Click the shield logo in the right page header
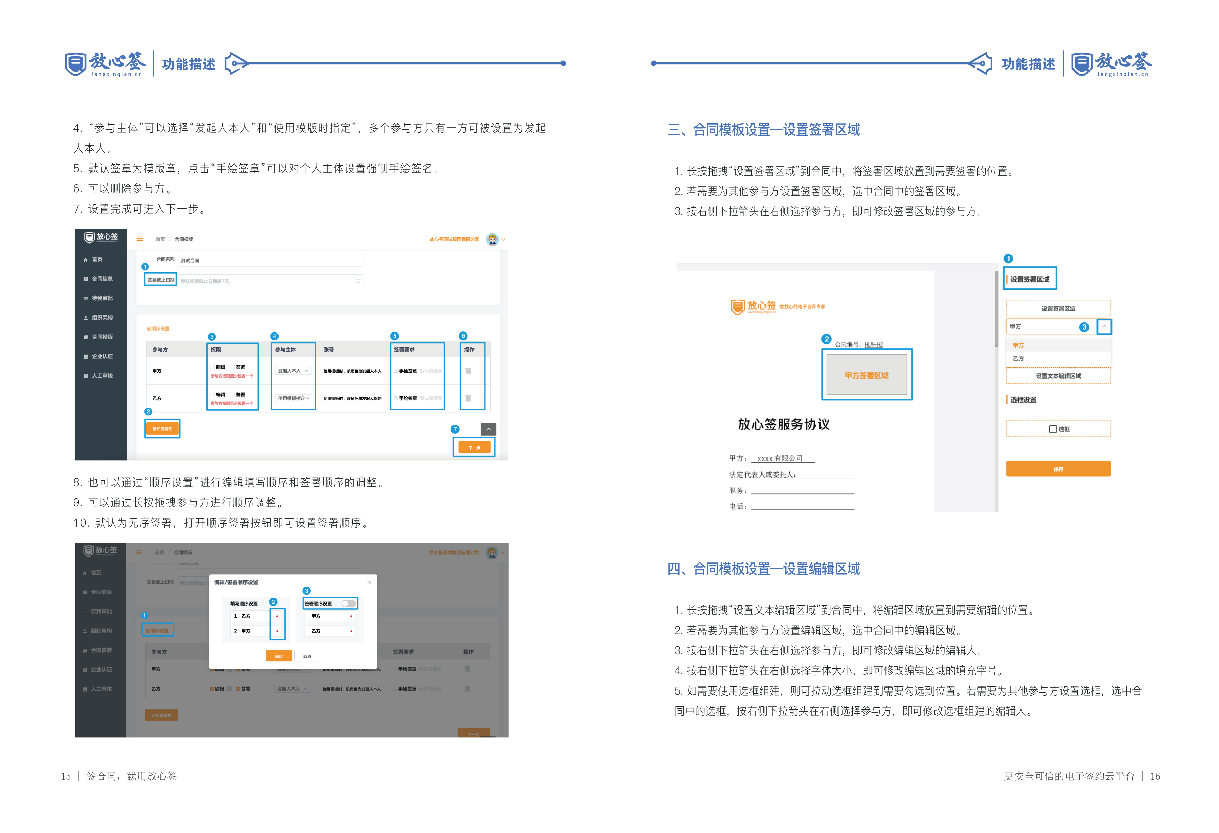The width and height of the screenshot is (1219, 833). [x=1082, y=64]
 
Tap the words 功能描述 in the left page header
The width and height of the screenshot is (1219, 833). [x=188, y=64]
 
